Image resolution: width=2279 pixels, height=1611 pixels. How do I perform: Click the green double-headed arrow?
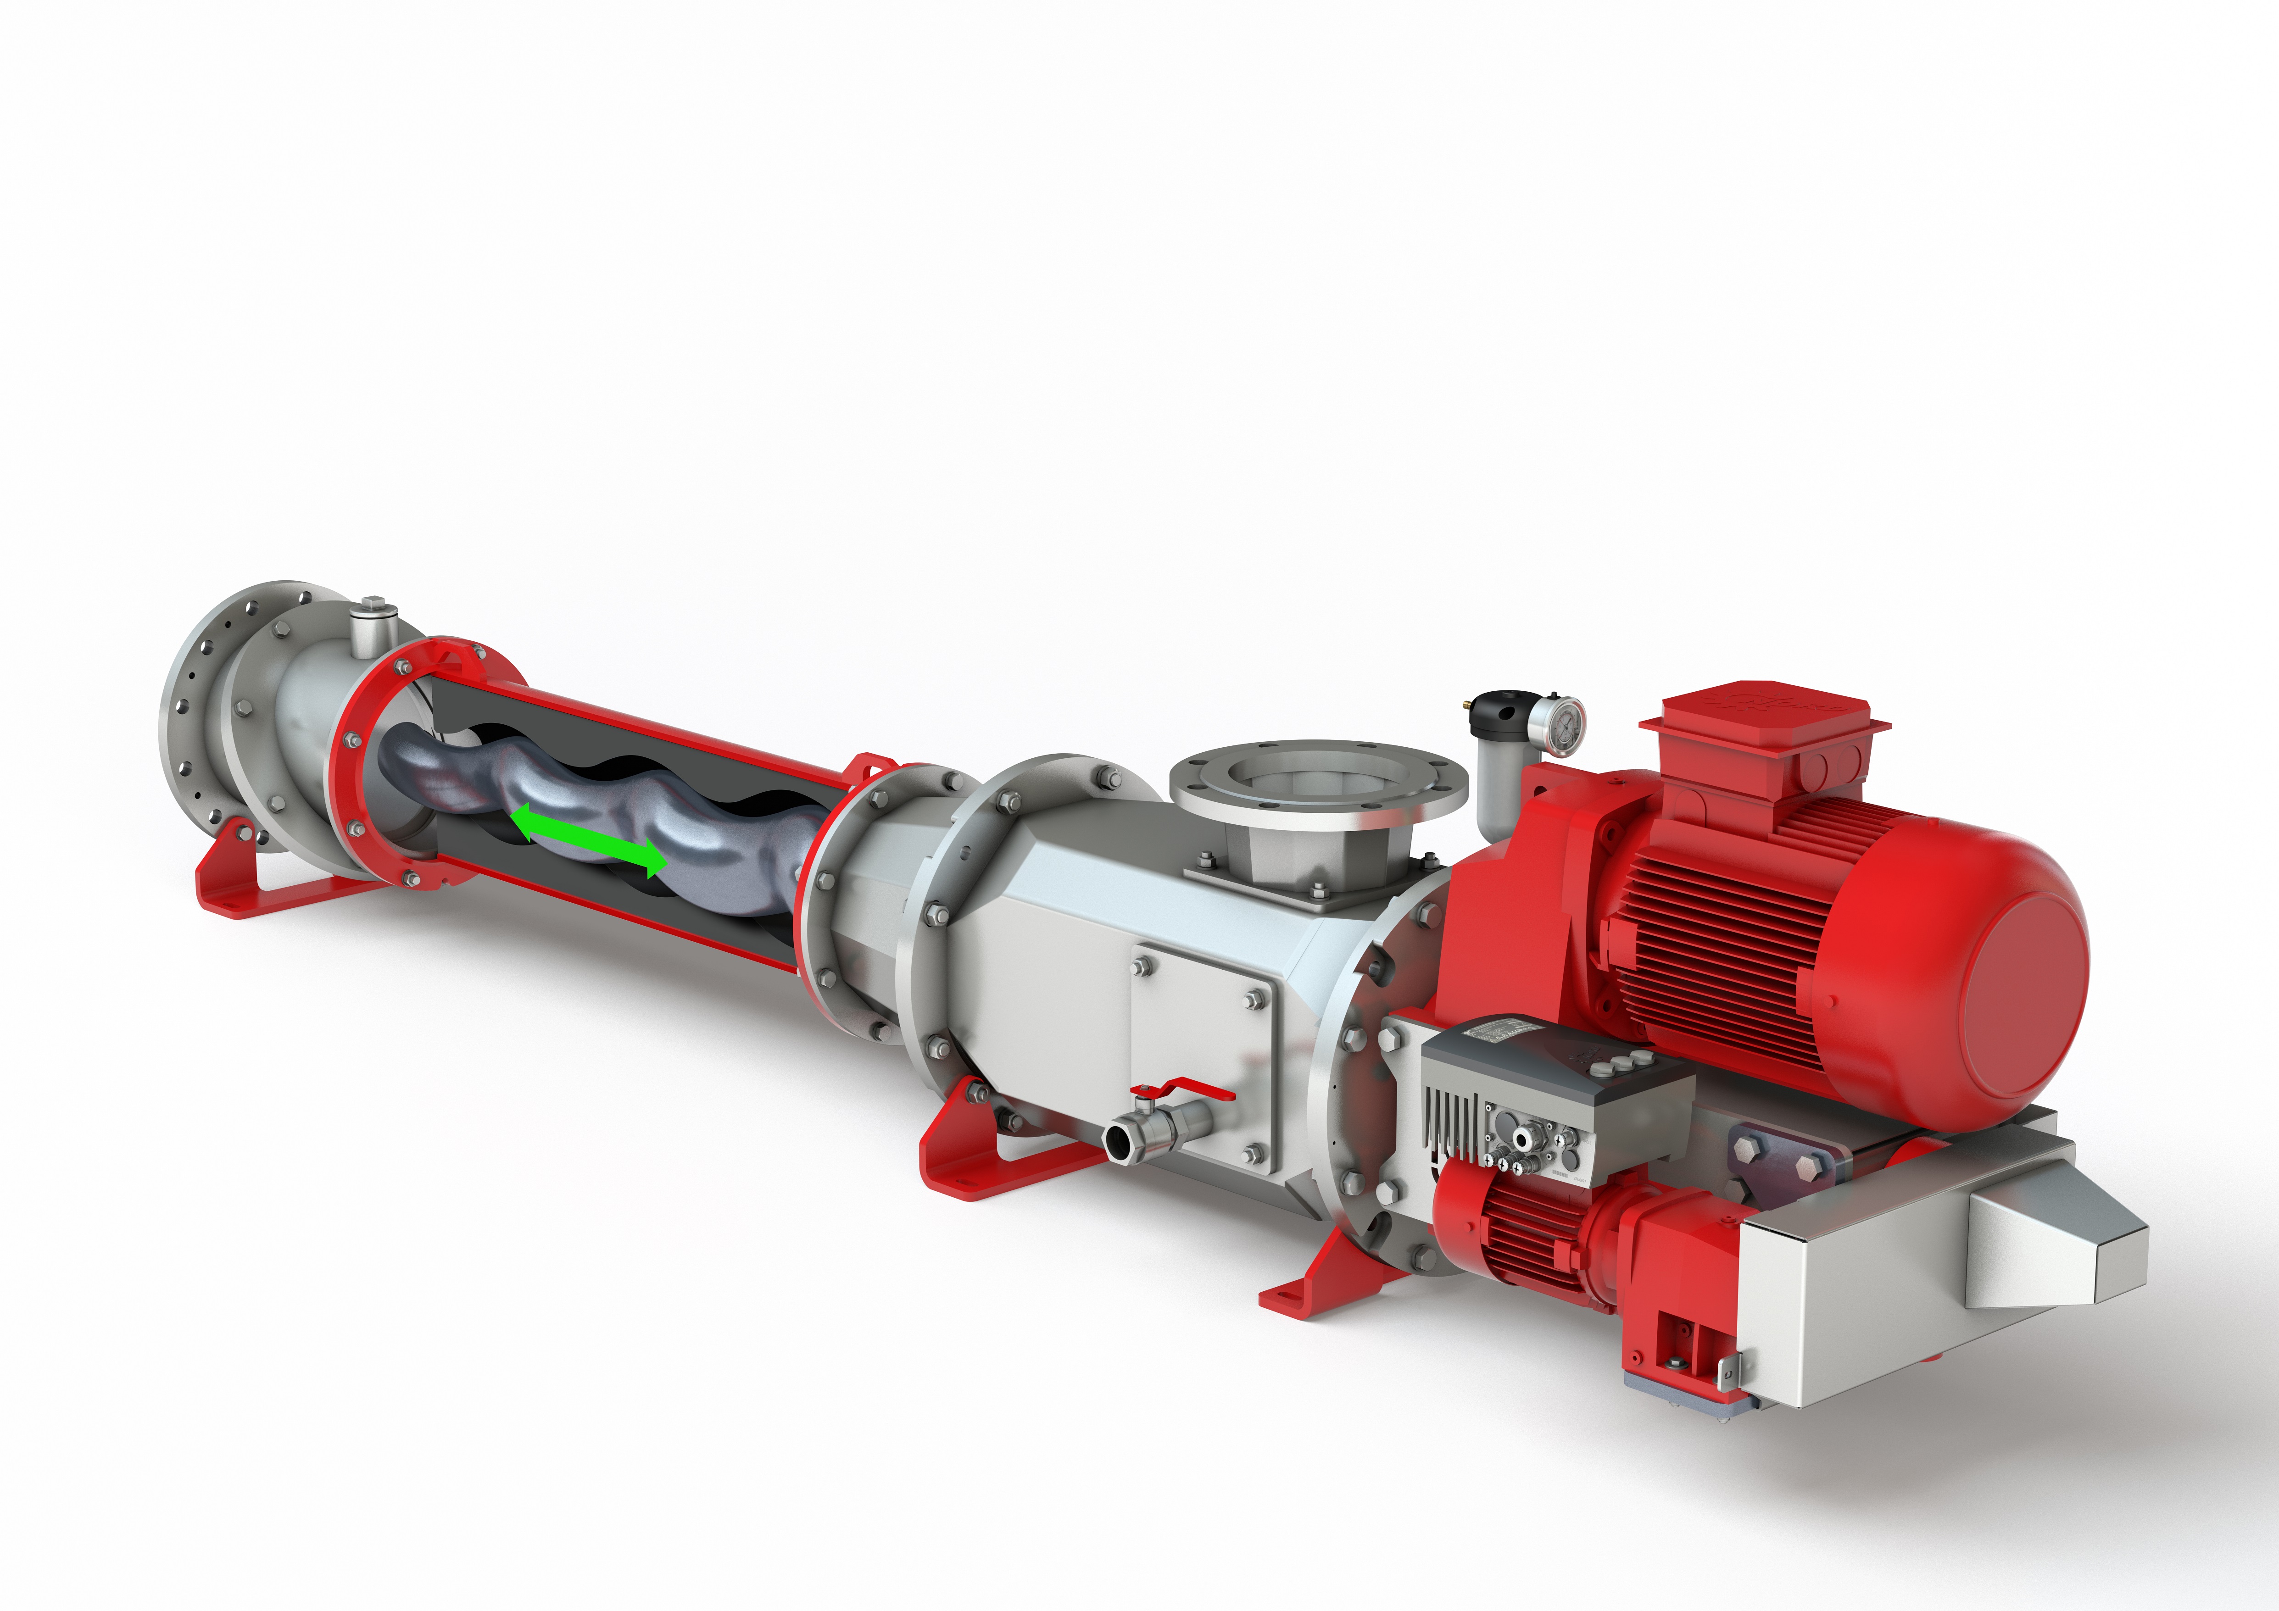(588, 840)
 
